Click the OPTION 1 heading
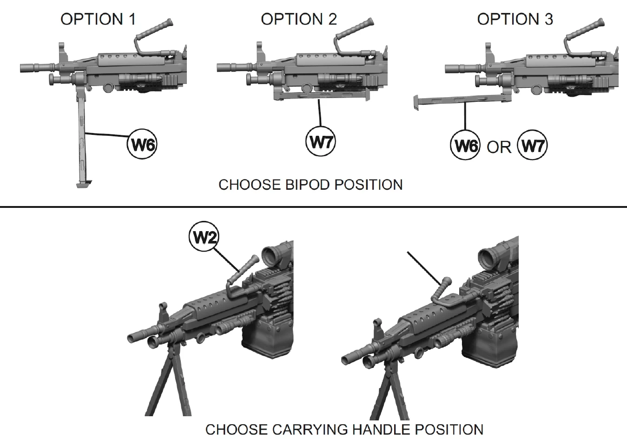tap(98, 20)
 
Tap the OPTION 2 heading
tap(299, 20)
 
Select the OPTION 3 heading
tap(515, 20)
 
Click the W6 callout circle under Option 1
tap(142, 144)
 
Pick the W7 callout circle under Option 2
tap(321, 141)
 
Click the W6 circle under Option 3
tap(465, 146)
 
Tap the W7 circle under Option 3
tap(532, 146)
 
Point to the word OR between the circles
tap(499, 147)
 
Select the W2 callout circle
tap(204, 237)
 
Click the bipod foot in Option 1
tap(84, 184)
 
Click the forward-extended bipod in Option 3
tap(460, 100)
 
